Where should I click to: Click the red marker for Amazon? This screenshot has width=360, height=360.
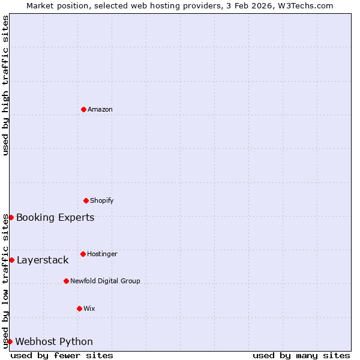point(83,109)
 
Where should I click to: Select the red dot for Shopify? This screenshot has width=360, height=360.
point(86,200)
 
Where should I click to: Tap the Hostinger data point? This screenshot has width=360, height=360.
point(83,254)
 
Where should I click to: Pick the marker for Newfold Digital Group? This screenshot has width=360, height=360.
point(66,281)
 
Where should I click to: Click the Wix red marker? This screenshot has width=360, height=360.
point(79,308)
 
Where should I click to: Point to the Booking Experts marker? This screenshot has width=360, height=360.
point(11,217)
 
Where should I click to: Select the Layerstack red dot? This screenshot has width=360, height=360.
point(11,260)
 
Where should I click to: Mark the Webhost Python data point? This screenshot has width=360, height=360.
point(10,341)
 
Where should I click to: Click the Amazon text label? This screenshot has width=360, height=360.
point(100,109)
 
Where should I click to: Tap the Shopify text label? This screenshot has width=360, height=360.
point(102,200)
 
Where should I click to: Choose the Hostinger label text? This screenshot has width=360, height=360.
point(102,254)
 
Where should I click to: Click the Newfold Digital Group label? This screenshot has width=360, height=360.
point(105,281)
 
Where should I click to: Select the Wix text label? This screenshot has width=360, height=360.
point(89,308)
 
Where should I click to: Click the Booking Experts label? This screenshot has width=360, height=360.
point(55,217)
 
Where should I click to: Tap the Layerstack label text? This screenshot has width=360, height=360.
point(43,260)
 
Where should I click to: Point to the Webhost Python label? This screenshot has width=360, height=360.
point(54,341)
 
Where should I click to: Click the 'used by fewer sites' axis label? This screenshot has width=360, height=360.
point(62,355)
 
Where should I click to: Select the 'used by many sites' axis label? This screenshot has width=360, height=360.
point(301,355)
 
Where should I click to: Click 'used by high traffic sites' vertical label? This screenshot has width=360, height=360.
point(5,85)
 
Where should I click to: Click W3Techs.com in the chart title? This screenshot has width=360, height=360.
point(305,5)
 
